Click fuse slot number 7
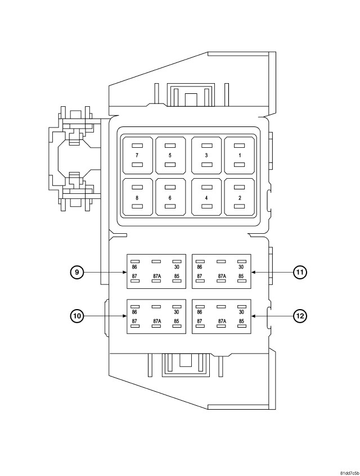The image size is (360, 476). coord(137,155)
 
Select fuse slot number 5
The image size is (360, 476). coord(170,155)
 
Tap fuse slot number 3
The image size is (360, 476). coord(206,155)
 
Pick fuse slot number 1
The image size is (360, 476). coord(240,155)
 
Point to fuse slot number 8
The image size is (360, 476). coord(137,197)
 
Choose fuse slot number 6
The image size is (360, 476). coord(170,197)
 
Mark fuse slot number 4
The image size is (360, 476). coord(206,197)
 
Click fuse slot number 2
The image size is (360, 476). coord(240,197)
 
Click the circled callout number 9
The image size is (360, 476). coord(77,273)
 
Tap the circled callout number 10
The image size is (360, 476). coord(77,316)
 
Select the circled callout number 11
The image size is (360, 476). coord(300,273)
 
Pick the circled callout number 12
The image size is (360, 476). coord(300,316)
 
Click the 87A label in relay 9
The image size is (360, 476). coord(157,276)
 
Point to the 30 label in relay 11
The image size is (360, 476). coord(241,268)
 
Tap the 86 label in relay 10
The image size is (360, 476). coord(135,312)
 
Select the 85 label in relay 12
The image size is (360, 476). coord(241,321)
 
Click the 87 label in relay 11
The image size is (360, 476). coord(200,276)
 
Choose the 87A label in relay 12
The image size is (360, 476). coord(222,321)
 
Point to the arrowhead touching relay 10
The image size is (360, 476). coord(125,316)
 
